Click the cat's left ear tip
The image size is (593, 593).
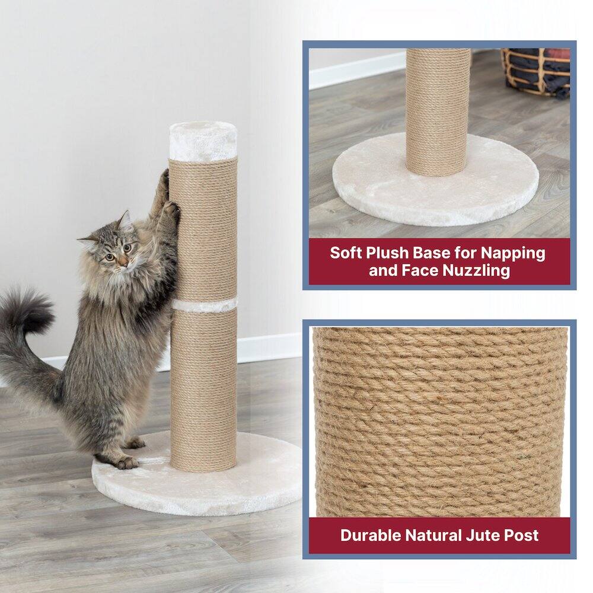point(126,213)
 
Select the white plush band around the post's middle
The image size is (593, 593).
point(204,306)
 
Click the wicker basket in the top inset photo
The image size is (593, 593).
point(536,71)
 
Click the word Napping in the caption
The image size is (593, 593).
point(513,253)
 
